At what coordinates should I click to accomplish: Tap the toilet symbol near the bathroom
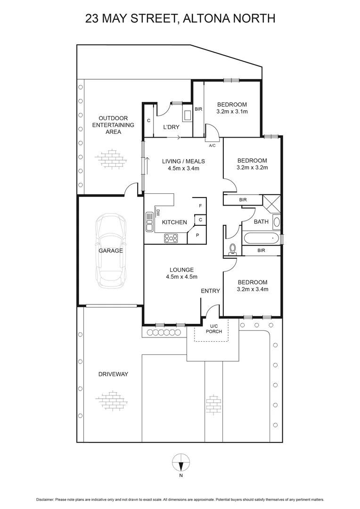232,249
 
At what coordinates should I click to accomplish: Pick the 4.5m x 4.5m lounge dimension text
181,277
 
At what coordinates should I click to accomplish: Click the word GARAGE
111,251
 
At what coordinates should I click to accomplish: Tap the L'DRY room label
170,127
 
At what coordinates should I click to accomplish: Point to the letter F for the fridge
200,206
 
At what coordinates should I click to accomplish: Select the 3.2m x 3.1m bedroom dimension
232,112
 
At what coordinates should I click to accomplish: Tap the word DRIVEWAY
113,374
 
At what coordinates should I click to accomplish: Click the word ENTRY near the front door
210,291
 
